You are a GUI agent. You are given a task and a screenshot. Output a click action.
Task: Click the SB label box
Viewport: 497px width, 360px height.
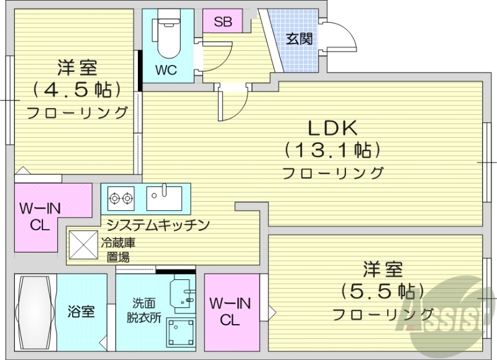222,22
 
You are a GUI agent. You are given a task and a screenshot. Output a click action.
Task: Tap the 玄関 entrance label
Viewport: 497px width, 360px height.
298,39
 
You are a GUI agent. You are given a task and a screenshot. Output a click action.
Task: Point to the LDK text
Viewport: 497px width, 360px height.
332,128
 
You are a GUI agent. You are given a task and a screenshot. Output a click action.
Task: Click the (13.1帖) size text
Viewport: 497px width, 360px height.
332,150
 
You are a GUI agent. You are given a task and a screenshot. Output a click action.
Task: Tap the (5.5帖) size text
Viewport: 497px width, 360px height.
383,290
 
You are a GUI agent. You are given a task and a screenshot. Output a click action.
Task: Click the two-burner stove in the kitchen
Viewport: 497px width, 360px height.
121,199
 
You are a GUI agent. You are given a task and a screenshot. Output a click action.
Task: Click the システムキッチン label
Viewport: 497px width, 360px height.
157,225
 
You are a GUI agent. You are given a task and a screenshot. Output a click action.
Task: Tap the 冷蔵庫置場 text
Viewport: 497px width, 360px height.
117,250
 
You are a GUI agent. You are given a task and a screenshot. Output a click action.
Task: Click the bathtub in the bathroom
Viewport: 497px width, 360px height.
35,313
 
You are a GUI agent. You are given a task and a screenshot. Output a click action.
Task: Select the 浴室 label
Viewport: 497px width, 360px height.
82,311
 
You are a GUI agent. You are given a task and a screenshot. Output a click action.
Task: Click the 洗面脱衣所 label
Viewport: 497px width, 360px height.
147,310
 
